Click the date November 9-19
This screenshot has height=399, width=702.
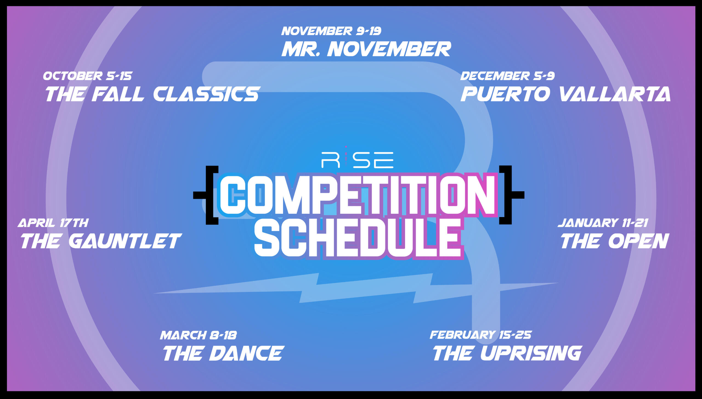(x=331, y=31)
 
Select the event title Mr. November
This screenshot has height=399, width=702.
(x=366, y=49)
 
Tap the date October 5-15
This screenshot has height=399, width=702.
(x=88, y=76)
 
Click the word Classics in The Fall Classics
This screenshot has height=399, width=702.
(x=206, y=94)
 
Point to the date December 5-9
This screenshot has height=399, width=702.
(x=507, y=76)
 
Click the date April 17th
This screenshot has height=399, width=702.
(x=53, y=223)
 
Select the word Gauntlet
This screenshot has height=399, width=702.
(x=125, y=241)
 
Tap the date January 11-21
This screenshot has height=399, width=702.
(x=603, y=223)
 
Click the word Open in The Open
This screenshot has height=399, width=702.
(x=639, y=241)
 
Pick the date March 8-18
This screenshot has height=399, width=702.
(x=198, y=335)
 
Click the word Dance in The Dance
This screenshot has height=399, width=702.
(x=246, y=353)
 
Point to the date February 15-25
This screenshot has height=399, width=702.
(x=480, y=335)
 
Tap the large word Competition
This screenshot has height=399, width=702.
(x=358, y=195)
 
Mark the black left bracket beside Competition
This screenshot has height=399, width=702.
(x=207, y=195)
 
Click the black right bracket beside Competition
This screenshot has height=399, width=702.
(x=511, y=195)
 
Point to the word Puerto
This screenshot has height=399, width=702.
(x=505, y=94)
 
